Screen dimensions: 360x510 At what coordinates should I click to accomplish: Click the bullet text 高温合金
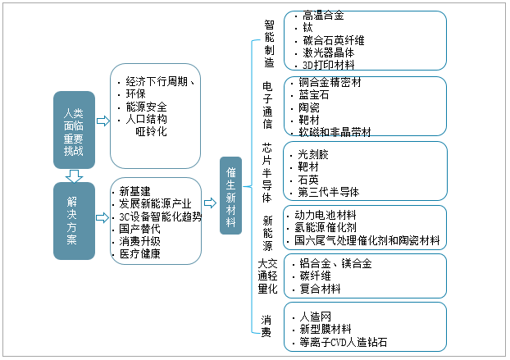point(324,16)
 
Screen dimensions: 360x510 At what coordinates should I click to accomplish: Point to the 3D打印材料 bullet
point(329,64)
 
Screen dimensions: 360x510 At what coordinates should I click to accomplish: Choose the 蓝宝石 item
point(316,94)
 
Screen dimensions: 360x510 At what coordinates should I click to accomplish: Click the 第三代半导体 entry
point(329,192)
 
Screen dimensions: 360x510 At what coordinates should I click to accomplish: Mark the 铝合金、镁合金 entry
point(335,264)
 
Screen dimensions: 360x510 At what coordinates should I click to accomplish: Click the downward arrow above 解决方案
point(74,174)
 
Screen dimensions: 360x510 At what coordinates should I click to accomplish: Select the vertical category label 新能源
point(269,233)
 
